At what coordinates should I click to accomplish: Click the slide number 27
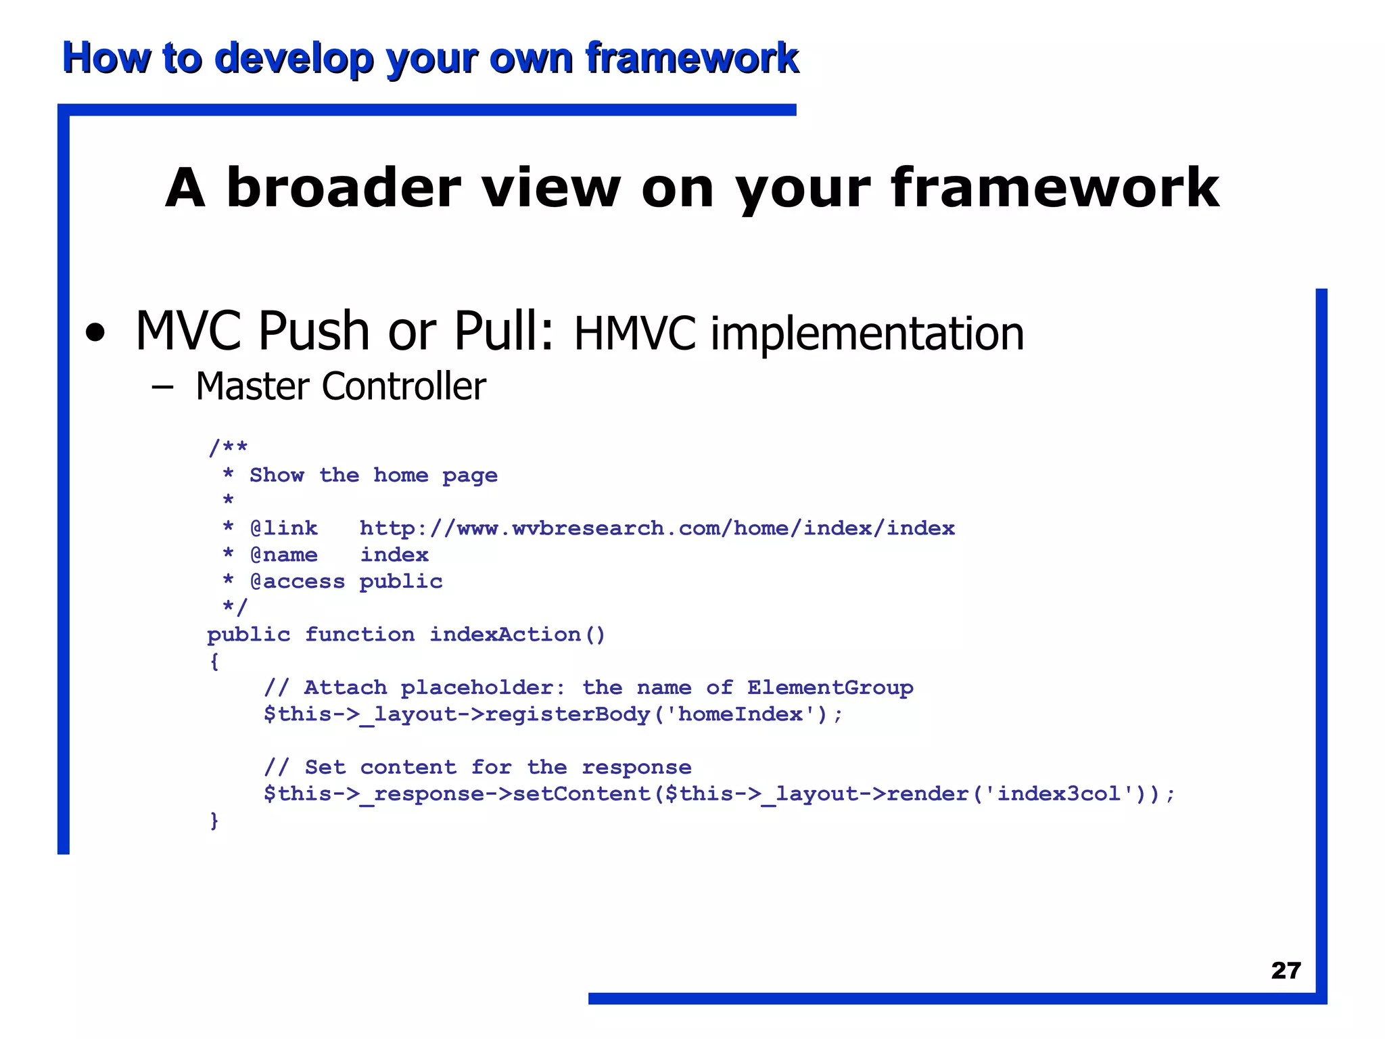pyautogui.click(x=1286, y=971)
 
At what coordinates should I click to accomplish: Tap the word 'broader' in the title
pyautogui.click(x=344, y=188)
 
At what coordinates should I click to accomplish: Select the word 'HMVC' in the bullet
pyautogui.click(x=634, y=333)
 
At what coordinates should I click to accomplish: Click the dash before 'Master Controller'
pyautogui.click(x=162, y=388)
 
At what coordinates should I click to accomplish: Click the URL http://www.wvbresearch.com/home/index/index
pyautogui.click(x=657, y=528)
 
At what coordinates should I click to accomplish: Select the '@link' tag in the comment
pyautogui.click(x=283, y=528)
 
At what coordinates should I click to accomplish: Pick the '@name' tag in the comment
pyautogui.click(x=283, y=555)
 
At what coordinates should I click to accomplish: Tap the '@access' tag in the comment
pyautogui.click(x=297, y=582)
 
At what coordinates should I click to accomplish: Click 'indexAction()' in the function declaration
pyautogui.click(x=517, y=634)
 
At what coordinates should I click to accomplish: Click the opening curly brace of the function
pyautogui.click(x=214, y=661)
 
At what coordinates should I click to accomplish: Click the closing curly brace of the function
pyautogui.click(x=214, y=821)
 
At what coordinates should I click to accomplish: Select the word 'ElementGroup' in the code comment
pyautogui.click(x=830, y=688)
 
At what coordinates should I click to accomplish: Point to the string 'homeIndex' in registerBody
pyautogui.click(x=741, y=714)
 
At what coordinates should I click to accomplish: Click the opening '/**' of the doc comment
pyautogui.click(x=228, y=447)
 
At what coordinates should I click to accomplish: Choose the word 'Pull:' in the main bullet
pyautogui.click(x=504, y=331)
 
